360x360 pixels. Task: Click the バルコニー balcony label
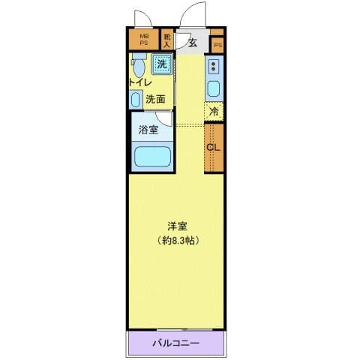(x=175, y=344)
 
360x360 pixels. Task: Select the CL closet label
(x=213, y=147)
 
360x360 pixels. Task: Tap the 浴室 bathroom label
(x=148, y=130)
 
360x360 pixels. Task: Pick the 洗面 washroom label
(x=155, y=98)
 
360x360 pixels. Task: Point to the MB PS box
(x=143, y=39)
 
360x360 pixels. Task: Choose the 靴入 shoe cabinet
(x=167, y=39)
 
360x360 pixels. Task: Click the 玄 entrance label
(x=193, y=42)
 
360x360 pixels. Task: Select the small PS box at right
(x=217, y=46)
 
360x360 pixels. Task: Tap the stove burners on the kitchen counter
(x=214, y=67)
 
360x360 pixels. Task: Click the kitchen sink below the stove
(x=214, y=89)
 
